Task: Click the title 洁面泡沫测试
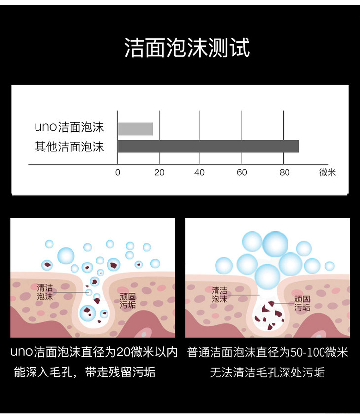point(187,48)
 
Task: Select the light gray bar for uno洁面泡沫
point(135,129)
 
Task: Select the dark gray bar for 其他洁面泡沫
point(208,147)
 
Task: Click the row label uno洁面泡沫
point(69,127)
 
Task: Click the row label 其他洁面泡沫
point(69,147)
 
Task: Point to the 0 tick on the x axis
point(117,173)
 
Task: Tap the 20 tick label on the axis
point(159,173)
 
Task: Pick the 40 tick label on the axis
point(199,173)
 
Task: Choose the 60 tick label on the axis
point(241,173)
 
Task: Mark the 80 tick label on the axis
point(284,173)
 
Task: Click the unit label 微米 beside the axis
point(327,173)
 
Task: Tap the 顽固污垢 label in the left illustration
point(128,301)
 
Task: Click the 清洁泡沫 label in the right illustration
point(219,295)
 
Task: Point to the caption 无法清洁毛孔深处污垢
point(267,372)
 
